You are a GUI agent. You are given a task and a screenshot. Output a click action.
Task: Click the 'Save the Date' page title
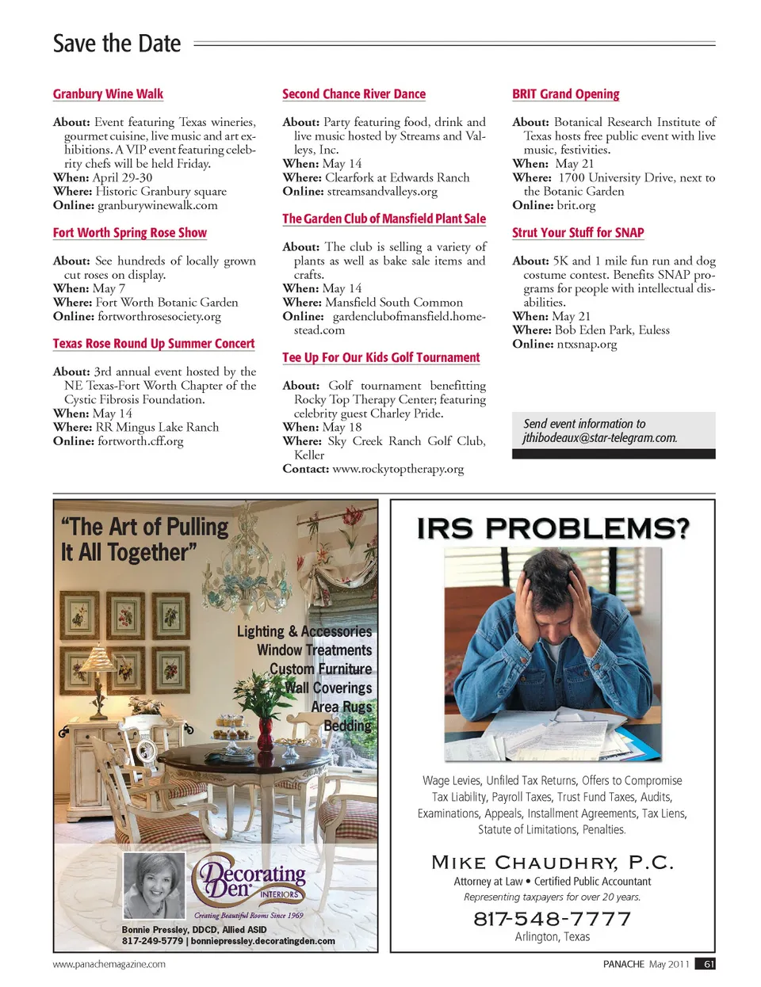117,44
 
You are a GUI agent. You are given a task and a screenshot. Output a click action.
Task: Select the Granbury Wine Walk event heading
108,94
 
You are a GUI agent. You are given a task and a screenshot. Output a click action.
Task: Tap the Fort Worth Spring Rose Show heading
129,233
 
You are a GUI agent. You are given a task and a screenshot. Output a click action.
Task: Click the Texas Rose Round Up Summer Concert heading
154,344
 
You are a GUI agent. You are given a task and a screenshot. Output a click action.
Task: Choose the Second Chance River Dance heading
354,94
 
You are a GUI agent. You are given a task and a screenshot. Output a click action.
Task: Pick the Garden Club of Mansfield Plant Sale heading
384,219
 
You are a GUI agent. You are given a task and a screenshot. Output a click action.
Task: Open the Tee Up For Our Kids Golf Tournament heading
380,357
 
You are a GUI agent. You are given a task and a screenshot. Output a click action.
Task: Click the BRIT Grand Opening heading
565,94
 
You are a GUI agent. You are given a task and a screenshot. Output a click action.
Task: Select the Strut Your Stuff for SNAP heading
577,233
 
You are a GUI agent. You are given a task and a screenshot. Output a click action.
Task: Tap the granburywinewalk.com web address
157,205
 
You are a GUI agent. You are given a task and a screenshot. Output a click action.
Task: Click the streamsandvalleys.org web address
381,192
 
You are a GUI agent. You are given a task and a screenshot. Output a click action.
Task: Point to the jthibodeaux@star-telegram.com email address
599,438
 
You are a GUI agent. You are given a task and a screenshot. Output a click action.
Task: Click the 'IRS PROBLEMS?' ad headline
553,528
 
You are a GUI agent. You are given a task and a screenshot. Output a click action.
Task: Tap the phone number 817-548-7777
553,919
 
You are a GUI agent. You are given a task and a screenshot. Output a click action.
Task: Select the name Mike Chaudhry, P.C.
553,862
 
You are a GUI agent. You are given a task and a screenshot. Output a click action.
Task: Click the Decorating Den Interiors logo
252,881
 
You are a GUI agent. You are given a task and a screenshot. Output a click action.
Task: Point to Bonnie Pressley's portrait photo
154,885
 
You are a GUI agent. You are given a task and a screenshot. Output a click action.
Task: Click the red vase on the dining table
266,735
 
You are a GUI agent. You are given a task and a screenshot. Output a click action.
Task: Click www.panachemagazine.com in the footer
109,964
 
